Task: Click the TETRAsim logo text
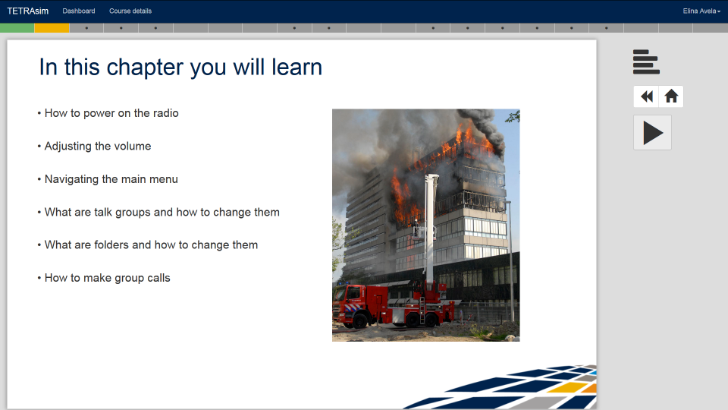point(27,11)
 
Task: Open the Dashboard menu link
point(78,11)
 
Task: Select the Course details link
point(130,11)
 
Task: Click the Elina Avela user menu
point(701,11)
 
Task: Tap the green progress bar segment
point(17,28)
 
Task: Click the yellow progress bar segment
point(52,28)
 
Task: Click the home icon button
point(671,96)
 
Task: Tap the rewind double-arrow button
point(646,96)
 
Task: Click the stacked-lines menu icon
point(646,61)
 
